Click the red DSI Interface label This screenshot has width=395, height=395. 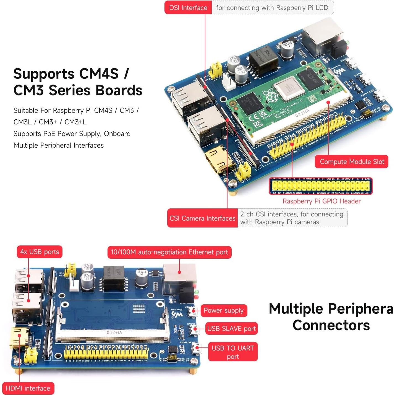click(x=188, y=8)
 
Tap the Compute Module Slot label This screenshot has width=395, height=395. click(x=352, y=162)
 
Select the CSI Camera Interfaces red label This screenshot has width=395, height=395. click(x=202, y=218)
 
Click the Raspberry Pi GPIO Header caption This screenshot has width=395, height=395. click(x=321, y=201)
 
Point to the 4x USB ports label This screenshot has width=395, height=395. click(x=40, y=252)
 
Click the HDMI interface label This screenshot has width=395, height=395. click(x=28, y=388)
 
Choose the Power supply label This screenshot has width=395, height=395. click(x=223, y=310)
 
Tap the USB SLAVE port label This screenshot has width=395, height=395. click(x=231, y=328)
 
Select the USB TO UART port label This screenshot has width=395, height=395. click(x=233, y=352)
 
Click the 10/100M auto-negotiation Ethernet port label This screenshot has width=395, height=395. click(x=169, y=252)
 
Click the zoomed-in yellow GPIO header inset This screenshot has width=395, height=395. click(x=321, y=186)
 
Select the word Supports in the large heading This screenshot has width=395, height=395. click(x=44, y=74)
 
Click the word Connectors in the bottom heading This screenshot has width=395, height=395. click(x=331, y=325)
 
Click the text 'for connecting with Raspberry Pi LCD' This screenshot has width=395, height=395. click(x=272, y=8)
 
